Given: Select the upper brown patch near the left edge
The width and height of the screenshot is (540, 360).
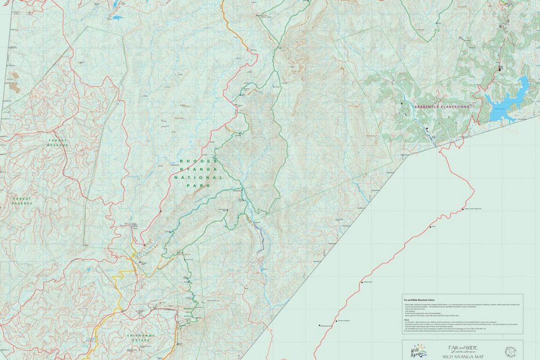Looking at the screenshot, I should pos(15,75).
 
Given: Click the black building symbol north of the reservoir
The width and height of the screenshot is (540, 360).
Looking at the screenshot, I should pos(499,68).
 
